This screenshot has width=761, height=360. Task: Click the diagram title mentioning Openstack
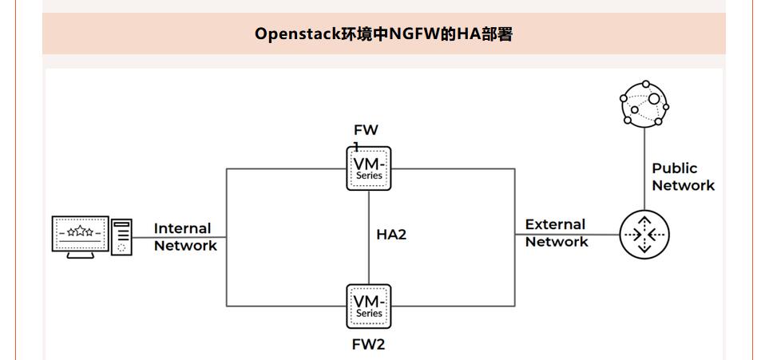[383, 34]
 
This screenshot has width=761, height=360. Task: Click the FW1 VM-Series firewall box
[369, 168]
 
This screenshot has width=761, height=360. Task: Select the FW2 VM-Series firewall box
[369, 306]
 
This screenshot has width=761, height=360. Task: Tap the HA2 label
[391, 235]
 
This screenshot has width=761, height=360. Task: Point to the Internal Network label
[185, 237]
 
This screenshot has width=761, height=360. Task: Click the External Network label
[557, 233]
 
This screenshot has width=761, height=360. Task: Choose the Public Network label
[683, 177]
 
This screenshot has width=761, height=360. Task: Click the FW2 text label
[369, 345]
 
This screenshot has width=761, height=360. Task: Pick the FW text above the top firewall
[366, 130]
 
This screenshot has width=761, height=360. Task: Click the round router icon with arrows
[644, 235]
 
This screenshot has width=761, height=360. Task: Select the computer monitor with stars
[80, 234]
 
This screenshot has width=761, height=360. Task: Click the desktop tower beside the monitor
[122, 237]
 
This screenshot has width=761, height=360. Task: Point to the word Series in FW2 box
[369, 314]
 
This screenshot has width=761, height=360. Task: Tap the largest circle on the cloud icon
[654, 99]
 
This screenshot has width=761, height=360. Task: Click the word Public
[675, 168]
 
